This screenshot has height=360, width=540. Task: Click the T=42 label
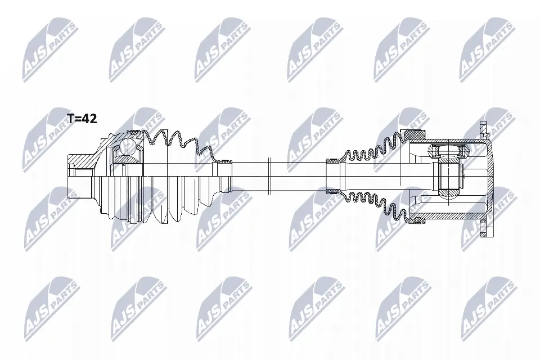[x=82, y=119]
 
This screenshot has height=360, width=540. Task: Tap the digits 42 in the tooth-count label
[x=90, y=119]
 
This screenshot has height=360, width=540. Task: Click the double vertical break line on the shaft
[x=270, y=169]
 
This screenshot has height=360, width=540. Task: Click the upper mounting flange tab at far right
[x=481, y=129]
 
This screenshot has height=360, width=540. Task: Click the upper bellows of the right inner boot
[x=371, y=147]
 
